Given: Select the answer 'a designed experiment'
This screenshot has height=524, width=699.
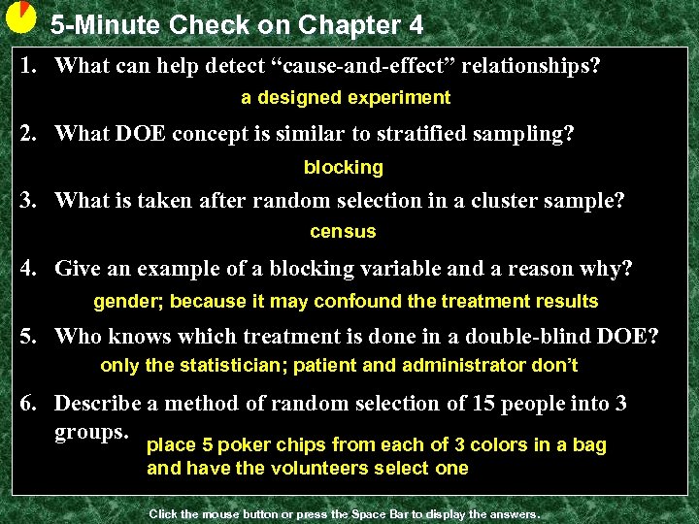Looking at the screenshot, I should point(346,98).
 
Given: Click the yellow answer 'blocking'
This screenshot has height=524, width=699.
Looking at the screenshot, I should point(344,168).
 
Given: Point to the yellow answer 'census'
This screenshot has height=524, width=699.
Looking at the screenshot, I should point(343,232).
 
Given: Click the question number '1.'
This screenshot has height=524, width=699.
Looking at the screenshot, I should point(31,67).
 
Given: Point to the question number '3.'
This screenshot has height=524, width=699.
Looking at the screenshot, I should point(31,201).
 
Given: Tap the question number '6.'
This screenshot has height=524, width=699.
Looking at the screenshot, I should point(31,404).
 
